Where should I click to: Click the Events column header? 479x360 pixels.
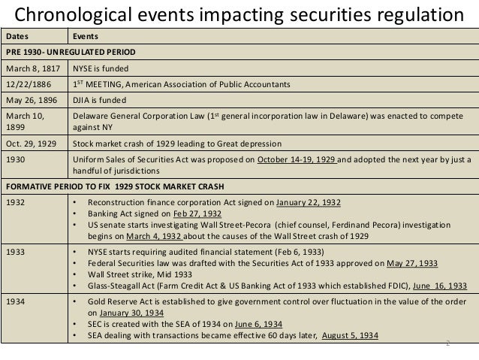[84, 36]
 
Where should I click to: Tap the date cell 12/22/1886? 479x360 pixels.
[27, 84]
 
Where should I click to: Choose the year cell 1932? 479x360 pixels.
[15, 203]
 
